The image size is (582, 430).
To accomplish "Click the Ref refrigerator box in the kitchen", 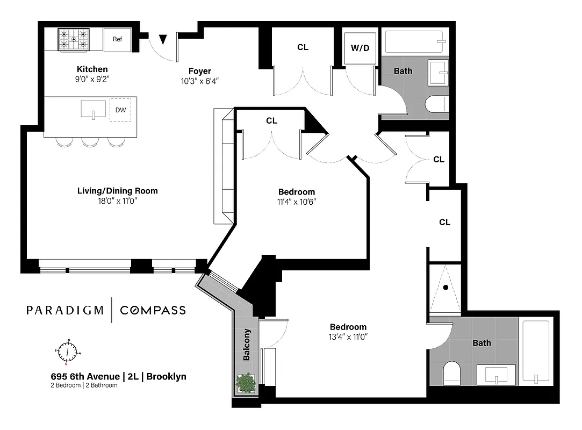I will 117,39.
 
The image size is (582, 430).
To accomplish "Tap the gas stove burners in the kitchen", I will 73,39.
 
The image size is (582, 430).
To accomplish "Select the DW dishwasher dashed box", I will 120,110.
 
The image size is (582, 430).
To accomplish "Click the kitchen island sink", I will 94,110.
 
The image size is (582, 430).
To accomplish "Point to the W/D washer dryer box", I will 360,48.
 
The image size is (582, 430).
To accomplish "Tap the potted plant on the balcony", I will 246,383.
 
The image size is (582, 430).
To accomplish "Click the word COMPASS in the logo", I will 153,310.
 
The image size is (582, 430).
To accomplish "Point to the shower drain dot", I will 445,287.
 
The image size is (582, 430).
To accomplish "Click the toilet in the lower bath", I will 450,373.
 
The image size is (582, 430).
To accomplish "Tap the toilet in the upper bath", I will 436,104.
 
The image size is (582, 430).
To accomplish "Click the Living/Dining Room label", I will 118,191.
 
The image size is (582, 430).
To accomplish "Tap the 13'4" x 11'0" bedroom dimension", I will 348,337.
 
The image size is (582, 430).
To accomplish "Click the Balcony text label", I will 247,345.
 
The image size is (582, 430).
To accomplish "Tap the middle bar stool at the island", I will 90,142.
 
